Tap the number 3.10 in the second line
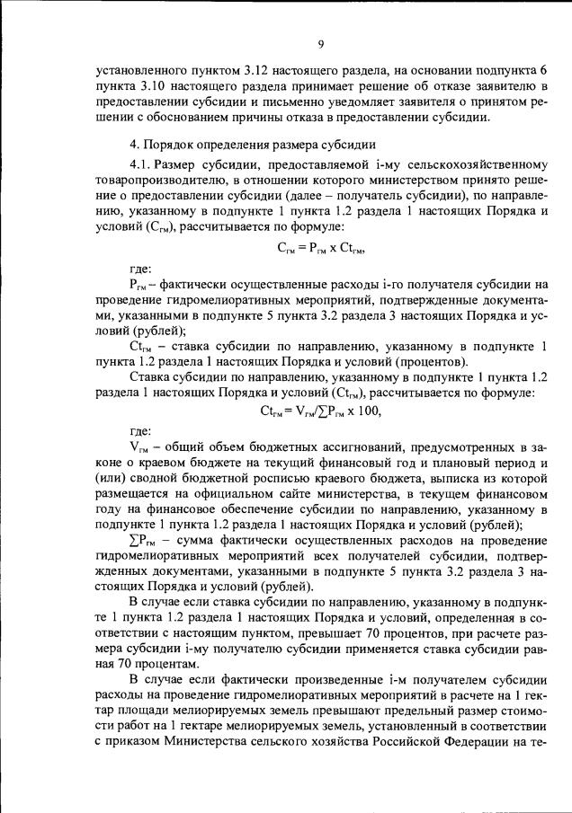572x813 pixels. (x=150, y=87)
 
